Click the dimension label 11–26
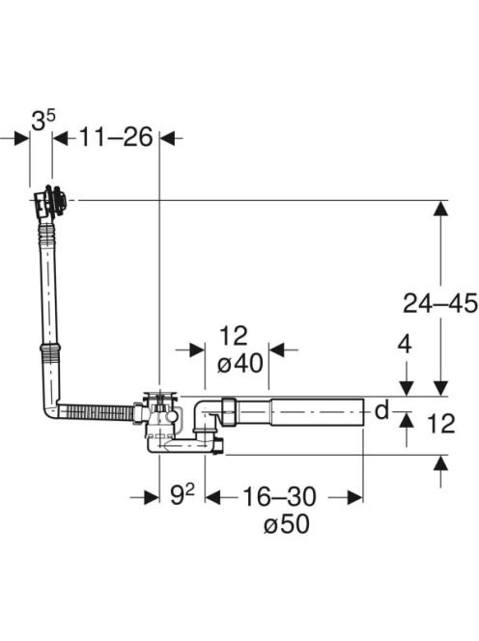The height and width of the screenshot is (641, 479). pos(116,137)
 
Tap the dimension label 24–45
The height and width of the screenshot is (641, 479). pos(440,303)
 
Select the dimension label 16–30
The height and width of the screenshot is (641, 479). pos(279,497)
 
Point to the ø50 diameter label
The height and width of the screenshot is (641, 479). pos(287,524)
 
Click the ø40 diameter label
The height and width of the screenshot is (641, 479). pos(240,363)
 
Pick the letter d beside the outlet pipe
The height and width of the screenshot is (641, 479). pos(381,409)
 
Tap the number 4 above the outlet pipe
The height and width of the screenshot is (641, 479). pos(405,345)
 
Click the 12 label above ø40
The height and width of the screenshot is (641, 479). pos(234,336)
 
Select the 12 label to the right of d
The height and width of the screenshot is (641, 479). pos(441,424)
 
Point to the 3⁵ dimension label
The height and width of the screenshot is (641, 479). pos(42,121)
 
